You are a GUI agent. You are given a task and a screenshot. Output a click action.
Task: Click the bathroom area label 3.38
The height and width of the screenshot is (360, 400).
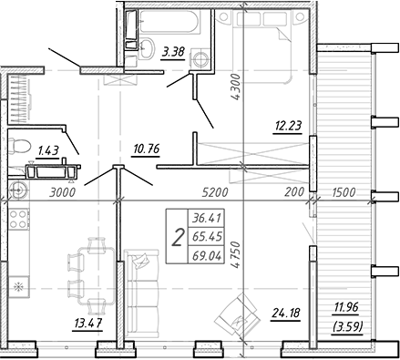[173, 52]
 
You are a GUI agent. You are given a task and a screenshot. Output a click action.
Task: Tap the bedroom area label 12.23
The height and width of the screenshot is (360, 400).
[289, 126]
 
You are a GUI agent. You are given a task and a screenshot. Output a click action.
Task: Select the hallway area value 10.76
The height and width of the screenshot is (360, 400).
[147, 149]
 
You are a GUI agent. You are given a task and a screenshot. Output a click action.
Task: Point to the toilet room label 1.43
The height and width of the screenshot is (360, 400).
[48, 150]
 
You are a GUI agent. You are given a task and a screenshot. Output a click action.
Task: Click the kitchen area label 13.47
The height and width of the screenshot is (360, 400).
[88, 323]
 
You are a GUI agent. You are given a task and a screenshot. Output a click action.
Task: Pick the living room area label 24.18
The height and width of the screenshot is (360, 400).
[286, 313]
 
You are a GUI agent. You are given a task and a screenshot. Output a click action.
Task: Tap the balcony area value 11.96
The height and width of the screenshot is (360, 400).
[346, 307]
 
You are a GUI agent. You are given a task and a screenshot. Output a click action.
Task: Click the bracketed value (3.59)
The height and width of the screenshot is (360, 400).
[348, 327]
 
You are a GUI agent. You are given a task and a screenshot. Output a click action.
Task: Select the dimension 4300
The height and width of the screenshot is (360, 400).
[236, 87]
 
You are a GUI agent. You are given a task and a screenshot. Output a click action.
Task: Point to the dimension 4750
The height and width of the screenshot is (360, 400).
[235, 254]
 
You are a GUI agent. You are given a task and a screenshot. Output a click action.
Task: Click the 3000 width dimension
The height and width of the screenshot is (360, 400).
[62, 192]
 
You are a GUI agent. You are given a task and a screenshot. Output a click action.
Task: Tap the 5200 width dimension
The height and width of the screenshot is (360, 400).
[215, 192]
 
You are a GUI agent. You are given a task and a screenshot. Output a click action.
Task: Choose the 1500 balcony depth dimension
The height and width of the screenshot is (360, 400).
[344, 192]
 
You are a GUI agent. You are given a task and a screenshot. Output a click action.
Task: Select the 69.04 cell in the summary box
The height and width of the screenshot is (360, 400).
[207, 257]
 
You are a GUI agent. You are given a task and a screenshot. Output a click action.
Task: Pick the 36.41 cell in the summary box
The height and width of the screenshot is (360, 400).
[207, 218]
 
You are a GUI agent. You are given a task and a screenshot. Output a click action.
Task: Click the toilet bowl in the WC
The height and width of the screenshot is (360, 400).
[19, 146]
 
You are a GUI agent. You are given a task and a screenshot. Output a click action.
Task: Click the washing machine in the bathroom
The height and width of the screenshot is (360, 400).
[200, 58]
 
